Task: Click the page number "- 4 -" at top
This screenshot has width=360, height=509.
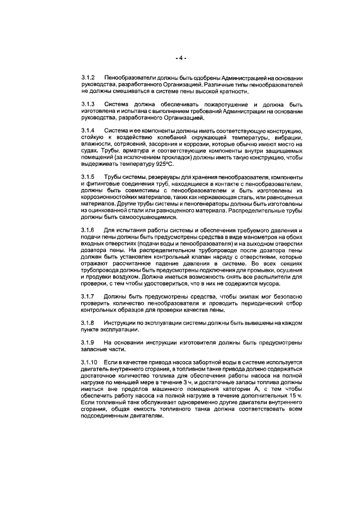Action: tap(180, 57)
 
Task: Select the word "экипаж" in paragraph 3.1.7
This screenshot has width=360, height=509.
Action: tap(233, 296)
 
